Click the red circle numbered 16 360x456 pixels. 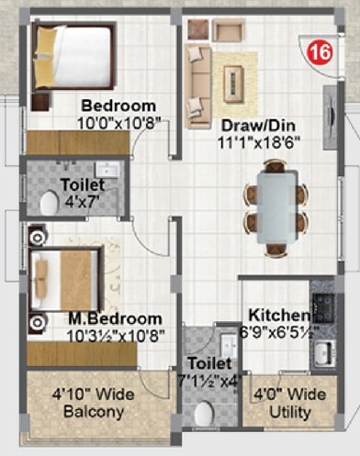coord(320,51)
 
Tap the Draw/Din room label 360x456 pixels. coord(254,124)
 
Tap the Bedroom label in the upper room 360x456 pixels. coord(118,105)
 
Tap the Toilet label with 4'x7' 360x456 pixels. coord(83,184)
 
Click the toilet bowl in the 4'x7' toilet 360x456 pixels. coord(49,204)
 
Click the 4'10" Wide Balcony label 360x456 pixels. coord(93,405)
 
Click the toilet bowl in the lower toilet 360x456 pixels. coord(204,412)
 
